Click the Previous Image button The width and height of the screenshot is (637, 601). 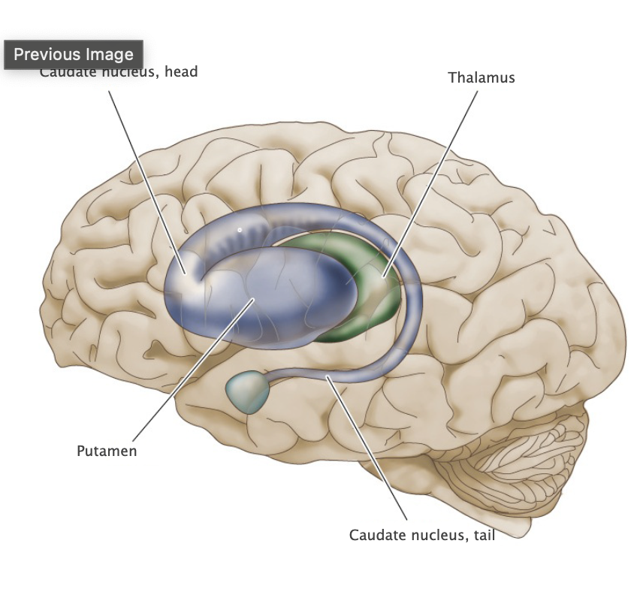[x=74, y=55]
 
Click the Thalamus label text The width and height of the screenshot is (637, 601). [x=482, y=77]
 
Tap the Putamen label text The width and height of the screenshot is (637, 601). [x=107, y=452]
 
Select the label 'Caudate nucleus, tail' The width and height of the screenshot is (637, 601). [x=422, y=535]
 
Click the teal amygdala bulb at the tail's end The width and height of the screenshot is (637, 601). [x=249, y=391]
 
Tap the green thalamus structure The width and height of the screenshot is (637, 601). [x=376, y=300]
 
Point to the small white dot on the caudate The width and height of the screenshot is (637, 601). [x=240, y=229]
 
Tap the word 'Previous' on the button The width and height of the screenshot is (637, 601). [x=46, y=55]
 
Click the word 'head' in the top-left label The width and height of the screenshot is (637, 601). [x=181, y=73]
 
